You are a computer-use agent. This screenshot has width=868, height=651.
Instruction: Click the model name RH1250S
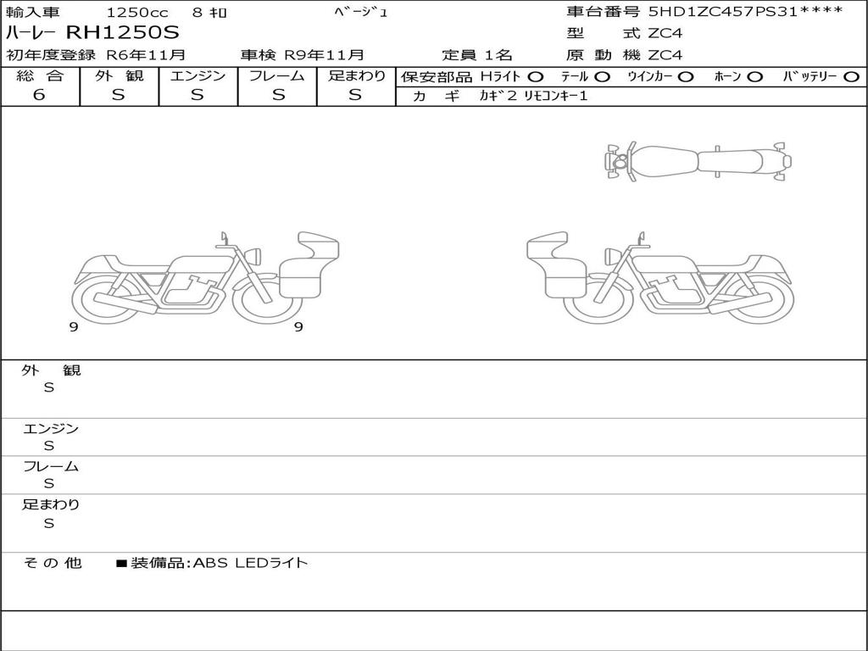click(123, 32)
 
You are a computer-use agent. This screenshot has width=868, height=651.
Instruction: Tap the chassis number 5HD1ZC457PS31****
click(746, 11)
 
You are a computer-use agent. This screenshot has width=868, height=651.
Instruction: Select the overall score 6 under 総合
click(39, 94)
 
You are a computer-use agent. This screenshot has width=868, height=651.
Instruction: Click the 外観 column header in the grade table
click(119, 75)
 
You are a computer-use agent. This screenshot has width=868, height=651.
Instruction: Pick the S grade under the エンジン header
click(198, 95)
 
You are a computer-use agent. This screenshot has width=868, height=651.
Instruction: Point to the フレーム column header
click(277, 75)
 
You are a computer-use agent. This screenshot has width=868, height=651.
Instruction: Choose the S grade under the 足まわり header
click(355, 95)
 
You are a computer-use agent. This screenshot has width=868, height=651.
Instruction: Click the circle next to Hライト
click(536, 77)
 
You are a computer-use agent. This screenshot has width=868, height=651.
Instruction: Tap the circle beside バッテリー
click(851, 77)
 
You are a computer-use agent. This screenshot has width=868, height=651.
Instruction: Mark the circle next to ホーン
click(754, 77)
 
